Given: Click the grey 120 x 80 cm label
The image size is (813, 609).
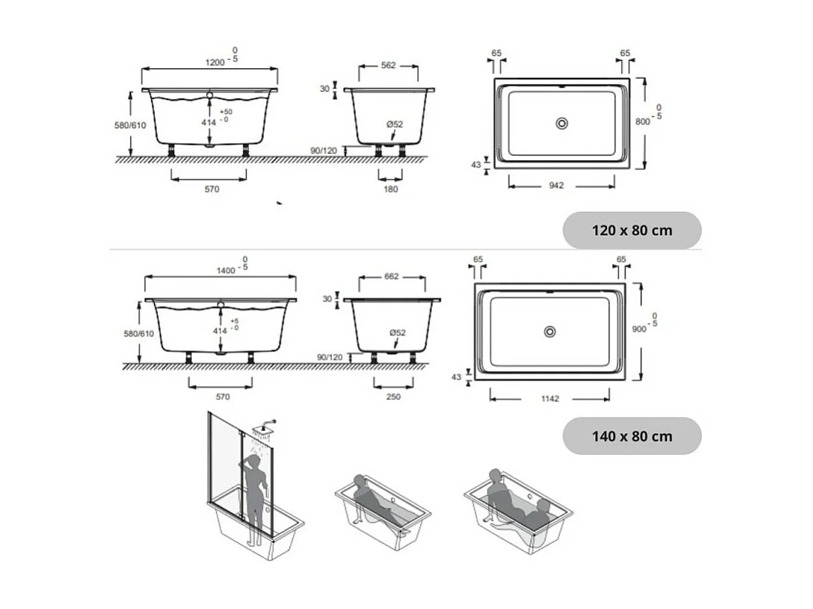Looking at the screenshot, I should click(631, 230).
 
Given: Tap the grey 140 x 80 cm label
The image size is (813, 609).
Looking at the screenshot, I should click(631, 436).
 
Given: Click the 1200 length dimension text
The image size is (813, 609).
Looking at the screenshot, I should click(215, 62).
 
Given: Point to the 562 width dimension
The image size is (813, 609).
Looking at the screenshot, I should click(388, 65).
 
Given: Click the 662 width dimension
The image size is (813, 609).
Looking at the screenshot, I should click(391, 276).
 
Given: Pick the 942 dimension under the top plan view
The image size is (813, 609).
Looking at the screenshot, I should click(556, 185).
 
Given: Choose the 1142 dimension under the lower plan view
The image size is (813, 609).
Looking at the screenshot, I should click(549, 399).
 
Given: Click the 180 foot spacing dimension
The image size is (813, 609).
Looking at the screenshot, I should click(391, 189).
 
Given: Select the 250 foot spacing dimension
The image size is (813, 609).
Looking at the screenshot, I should click(393, 397).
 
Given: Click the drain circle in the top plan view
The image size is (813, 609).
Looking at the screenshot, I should click(561, 123).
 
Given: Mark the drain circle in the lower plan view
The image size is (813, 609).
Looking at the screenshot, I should click(549, 331).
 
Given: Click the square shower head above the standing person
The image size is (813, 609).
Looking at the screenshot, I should click(264, 430).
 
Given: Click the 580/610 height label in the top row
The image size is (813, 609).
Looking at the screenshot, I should click(131, 124).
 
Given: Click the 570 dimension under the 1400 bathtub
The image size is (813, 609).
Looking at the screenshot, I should click(222, 396).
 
